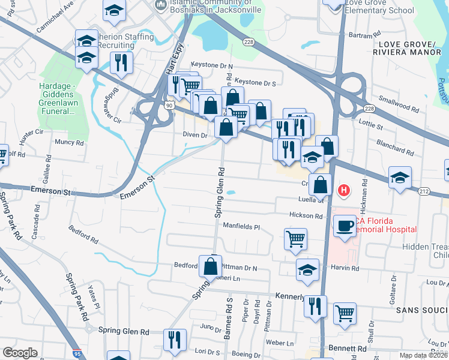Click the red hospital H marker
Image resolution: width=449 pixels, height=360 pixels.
(x=344, y=191)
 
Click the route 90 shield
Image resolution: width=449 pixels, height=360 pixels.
(x=170, y=105)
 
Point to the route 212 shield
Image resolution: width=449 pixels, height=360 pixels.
(x=423, y=191)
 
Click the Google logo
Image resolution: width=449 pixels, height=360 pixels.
(x=21, y=353)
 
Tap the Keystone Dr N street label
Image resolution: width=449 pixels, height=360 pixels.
(x=212, y=65)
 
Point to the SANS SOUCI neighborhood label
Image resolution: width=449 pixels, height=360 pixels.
(x=419, y=310)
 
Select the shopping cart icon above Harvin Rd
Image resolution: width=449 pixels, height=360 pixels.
(x=295, y=238)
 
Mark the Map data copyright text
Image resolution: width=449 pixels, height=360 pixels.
(x=423, y=355)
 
